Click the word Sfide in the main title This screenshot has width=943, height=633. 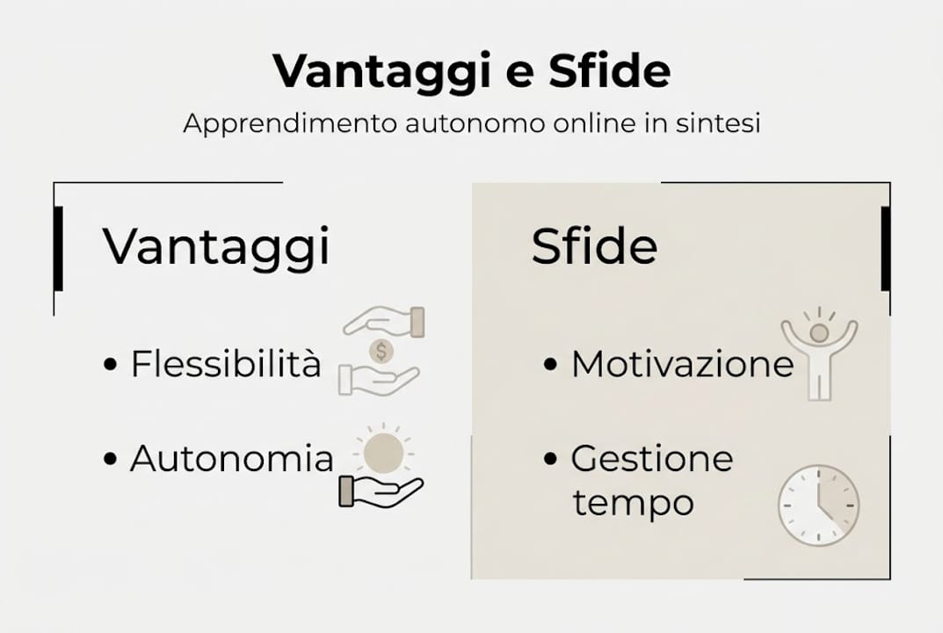[x=609, y=72]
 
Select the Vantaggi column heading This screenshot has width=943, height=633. [x=216, y=246]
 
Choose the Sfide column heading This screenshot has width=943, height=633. [x=594, y=247]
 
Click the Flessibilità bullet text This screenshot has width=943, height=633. [x=226, y=363]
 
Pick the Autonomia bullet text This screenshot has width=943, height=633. [x=232, y=458]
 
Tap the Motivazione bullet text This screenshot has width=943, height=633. [x=682, y=363]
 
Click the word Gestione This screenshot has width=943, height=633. [x=651, y=458]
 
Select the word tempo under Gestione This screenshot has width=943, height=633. [x=633, y=504]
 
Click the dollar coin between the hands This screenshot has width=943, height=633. [x=381, y=352]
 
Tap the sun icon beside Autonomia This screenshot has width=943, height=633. [x=384, y=452]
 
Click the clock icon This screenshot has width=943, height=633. [x=818, y=506]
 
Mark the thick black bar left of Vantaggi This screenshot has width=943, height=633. [x=58, y=248]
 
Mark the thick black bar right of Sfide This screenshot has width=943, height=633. [x=885, y=248]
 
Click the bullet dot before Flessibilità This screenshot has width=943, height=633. [x=110, y=364]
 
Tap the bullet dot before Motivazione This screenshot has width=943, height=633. [x=550, y=364]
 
